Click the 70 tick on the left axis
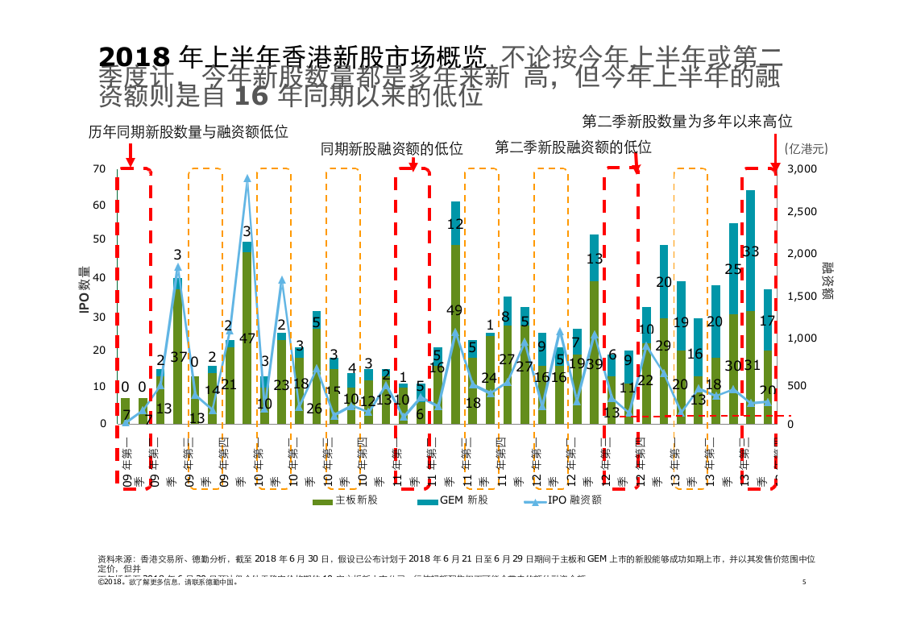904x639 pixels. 99,168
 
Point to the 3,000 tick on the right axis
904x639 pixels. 802,168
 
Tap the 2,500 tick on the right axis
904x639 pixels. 802,211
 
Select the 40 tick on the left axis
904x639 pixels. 99,277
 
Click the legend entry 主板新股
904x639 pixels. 346,500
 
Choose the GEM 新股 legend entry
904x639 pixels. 452,500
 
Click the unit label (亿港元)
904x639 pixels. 806,148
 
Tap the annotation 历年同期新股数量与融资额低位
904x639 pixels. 189,132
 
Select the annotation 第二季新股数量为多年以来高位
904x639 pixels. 687,122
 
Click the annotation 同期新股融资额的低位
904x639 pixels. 392,148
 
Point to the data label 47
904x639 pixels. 247,338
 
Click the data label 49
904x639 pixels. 455,310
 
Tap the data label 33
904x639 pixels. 750,251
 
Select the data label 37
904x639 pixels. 178,357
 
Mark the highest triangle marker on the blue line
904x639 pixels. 247,179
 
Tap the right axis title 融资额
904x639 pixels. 828,280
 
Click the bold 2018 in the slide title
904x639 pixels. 134,56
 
